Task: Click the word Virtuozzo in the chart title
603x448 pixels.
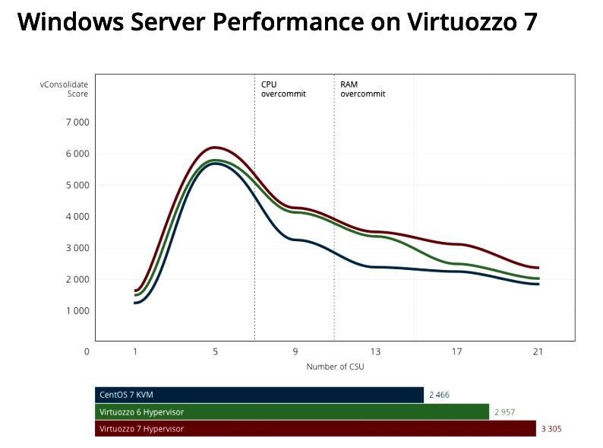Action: tap(462, 21)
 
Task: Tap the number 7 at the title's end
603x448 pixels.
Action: tap(530, 21)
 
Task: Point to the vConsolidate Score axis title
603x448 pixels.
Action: tap(64, 89)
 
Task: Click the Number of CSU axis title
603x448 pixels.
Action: tap(335, 367)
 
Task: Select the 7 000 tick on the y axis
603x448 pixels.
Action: tap(77, 122)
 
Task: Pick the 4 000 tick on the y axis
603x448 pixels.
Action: tap(77, 217)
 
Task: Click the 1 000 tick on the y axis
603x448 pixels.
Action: tap(77, 311)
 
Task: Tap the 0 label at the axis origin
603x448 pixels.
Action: tap(87, 351)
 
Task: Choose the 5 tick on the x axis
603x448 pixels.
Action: tap(215, 351)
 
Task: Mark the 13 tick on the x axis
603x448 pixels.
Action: tap(375, 351)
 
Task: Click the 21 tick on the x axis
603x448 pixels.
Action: tap(538, 351)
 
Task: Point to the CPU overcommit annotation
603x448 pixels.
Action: tap(283, 89)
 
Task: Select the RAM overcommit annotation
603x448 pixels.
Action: tap(363, 89)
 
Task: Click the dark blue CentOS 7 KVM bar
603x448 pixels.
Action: tap(259, 395)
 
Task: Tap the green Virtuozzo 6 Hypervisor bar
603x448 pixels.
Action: tap(292, 411)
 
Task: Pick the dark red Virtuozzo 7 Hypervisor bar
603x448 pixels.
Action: tap(315, 428)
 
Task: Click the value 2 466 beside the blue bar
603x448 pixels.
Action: tap(439, 395)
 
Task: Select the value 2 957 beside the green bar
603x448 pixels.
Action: tap(504, 412)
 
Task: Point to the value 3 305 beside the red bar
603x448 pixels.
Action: tap(551, 429)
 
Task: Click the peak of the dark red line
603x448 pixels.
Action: tap(215, 148)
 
